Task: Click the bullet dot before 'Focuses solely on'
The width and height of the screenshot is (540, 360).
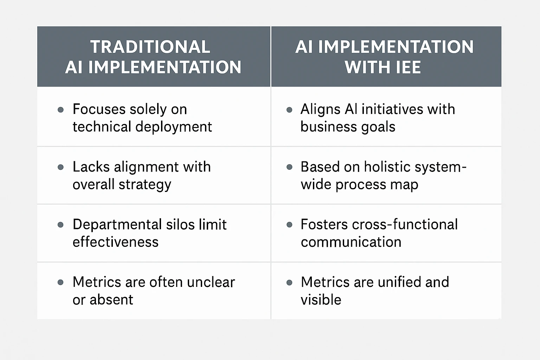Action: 60,110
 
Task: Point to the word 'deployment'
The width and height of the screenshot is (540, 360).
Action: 174,127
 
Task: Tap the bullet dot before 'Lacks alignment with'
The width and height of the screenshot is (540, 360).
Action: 60,167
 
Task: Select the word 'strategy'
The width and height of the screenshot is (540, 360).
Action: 145,185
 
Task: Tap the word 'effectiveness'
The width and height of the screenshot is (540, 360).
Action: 115,242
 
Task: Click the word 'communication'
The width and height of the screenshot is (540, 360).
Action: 351,242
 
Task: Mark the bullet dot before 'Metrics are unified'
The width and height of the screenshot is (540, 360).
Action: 289,283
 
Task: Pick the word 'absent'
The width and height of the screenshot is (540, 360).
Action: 111,300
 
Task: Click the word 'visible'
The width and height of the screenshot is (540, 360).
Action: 321,300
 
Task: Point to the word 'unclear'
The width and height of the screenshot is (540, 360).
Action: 211,282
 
